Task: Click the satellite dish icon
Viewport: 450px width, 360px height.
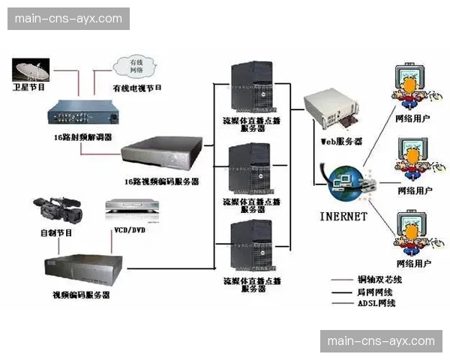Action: [31, 71]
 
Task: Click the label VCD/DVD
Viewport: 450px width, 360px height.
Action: [129, 230]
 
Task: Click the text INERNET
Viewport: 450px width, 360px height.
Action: [343, 217]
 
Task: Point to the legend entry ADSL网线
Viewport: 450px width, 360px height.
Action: [376, 304]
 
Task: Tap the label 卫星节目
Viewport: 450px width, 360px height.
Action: [31, 88]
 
